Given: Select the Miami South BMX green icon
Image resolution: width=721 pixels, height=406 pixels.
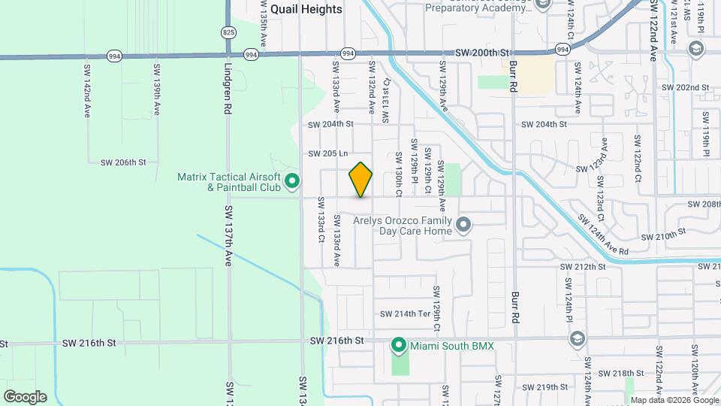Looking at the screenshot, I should pyautogui.click(x=399, y=346).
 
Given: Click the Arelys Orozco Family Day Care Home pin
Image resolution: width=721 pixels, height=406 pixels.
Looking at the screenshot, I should pyautogui.click(x=463, y=225).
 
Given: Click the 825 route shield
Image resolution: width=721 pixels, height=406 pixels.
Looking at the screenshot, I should pyautogui.click(x=228, y=32).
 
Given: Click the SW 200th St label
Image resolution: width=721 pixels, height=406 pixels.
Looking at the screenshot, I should pyautogui.click(x=482, y=53).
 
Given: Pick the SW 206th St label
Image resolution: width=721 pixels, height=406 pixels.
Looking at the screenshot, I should pyautogui.click(x=122, y=162).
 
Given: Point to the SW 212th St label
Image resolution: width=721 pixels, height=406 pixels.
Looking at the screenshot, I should pyautogui.click(x=583, y=267).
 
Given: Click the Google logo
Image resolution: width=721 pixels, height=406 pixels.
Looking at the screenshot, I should pyautogui.click(x=24, y=397).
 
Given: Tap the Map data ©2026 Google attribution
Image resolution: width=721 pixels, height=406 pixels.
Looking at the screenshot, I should pyautogui.click(x=674, y=400).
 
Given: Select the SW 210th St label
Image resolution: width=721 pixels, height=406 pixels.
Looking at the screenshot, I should pyautogui.click(x=665, y=235).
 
